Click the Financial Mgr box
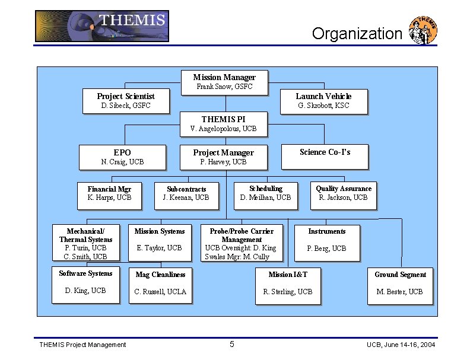109,193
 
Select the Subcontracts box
186,193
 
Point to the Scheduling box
265,193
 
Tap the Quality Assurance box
343,193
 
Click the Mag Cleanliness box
160,282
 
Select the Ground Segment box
400,282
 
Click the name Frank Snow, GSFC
224,87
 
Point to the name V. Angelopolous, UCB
223,129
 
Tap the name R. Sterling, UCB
288,291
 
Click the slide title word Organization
357,33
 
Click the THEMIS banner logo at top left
101,26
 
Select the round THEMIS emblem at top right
423,30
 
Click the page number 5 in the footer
232,345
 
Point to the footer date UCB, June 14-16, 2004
401,345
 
